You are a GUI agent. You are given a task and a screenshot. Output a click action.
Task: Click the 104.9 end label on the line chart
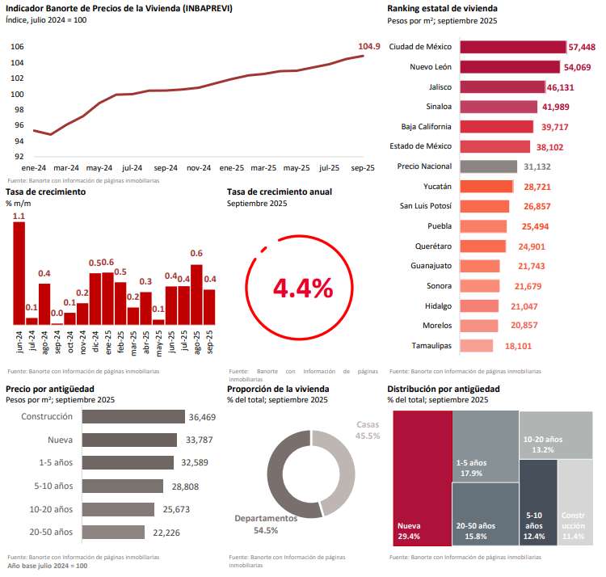pos(368,46)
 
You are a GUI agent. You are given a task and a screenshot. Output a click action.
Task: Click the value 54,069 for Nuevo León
pos(579,67)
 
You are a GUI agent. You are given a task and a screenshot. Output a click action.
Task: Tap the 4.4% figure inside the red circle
pos(302,287)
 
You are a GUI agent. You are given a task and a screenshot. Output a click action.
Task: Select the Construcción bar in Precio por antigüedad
pos(135,417)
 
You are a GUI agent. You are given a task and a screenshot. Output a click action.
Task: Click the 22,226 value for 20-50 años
pos(166,532)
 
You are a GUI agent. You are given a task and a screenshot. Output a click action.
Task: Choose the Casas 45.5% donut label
pos(368,430)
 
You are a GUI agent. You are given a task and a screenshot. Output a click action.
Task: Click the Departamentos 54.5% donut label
pos(266,524)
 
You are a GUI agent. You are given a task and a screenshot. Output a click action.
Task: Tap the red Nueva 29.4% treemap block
pos(422,477)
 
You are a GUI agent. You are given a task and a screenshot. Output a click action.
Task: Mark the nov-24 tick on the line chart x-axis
pos(198,168)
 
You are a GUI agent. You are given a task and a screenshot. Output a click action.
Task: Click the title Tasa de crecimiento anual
pos(279,192)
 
